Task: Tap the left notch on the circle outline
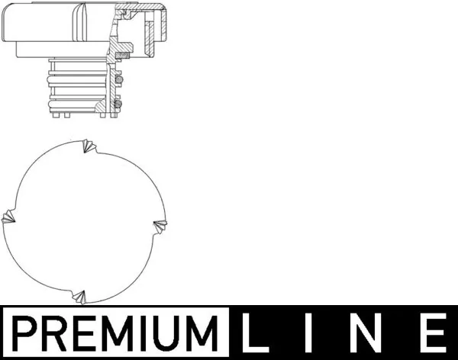tap(9, 218)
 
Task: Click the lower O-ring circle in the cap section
tap(118, 104)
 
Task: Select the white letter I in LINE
tap(312, 334)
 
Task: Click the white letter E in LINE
tap(432, 334)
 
